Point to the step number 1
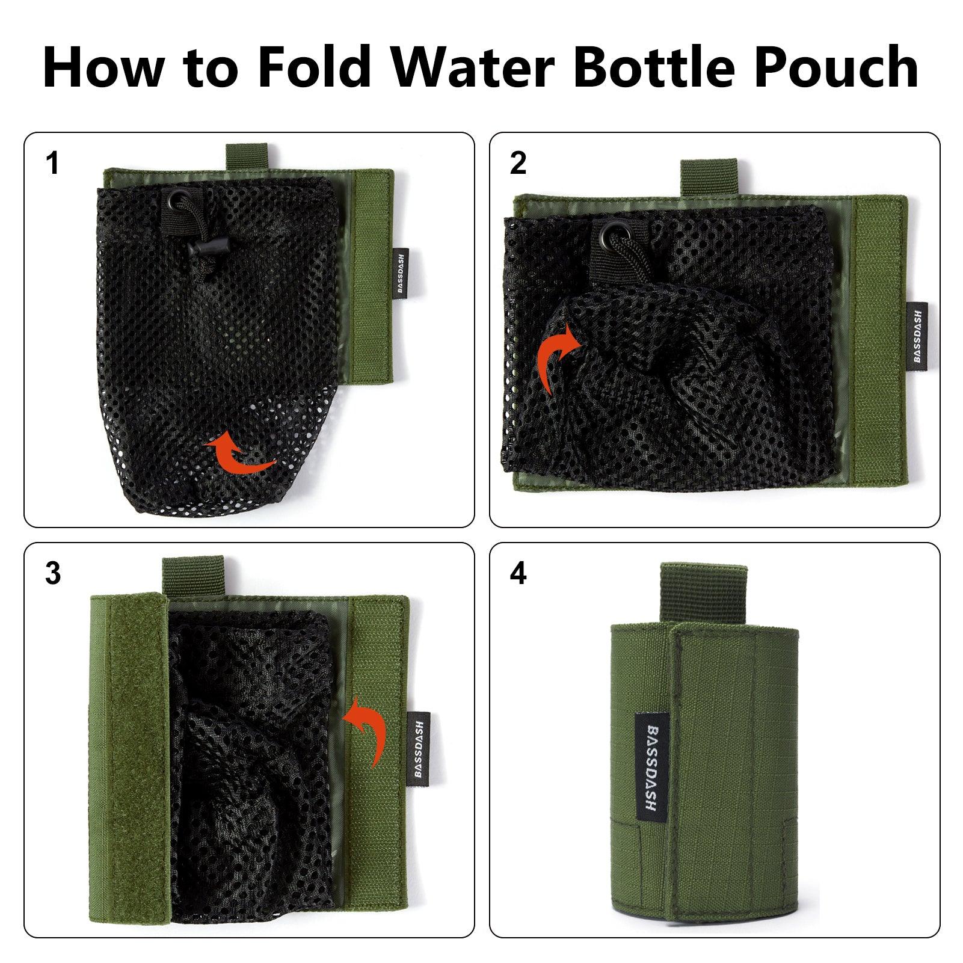pyautogui.click(x=53, y=163)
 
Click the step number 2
pyautogui.click(x=518, y=163)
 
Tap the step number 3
pyautogui.click(x=53, y=574)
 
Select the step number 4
pyautogui.click(x=518, y=574)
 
